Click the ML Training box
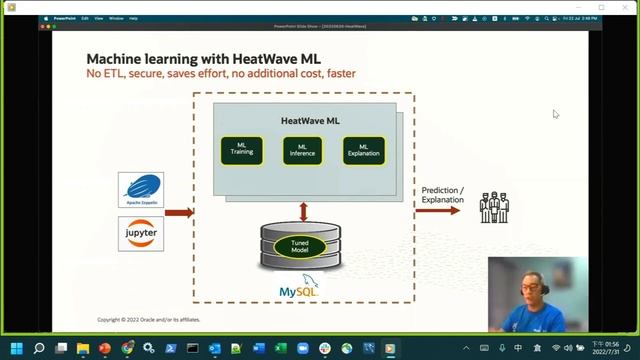(242, 151)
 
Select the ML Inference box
(302, 151)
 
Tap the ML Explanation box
(363, 151)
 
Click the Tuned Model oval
(300, 246)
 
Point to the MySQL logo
(300, 289)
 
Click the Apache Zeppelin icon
(140, 190)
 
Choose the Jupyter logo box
(140, 233)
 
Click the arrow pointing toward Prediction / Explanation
(438, 211)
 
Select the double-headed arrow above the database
(303, 212)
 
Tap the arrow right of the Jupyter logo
(179, 212)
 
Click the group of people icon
(494, 207)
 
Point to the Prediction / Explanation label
(442, 194)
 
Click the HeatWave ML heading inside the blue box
(310, 120)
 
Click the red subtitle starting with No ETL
(220, 74)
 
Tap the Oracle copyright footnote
(148, 320)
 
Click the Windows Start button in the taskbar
(16, 348)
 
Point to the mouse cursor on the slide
(556, 114)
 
